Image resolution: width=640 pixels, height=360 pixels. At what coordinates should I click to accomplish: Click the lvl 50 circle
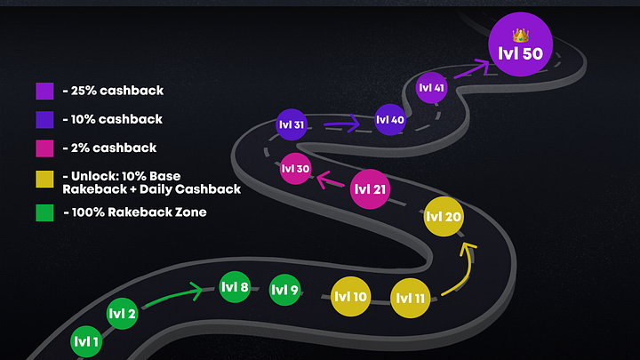click(521, 45)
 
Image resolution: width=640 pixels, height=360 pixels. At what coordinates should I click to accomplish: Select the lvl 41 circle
click(431, 88)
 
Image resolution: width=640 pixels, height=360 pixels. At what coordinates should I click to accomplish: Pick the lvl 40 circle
click(390, 120)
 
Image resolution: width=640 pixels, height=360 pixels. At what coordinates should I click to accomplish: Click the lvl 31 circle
click(292, 125)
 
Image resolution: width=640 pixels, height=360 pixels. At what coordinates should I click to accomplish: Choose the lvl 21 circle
click(369, 189)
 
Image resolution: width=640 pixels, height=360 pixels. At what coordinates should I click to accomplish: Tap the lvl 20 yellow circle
click(443, 217)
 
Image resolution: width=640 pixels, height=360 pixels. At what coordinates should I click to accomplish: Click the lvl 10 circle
click(349, 297)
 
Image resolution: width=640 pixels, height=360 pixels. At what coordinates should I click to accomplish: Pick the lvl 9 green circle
click(284, 290)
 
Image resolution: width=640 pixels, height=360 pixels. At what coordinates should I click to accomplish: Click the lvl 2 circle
click(122, 313)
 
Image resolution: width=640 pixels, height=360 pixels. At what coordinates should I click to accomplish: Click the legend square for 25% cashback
click(45, 91)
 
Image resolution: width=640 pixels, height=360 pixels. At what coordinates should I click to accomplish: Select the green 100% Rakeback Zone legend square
click(45, 213)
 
